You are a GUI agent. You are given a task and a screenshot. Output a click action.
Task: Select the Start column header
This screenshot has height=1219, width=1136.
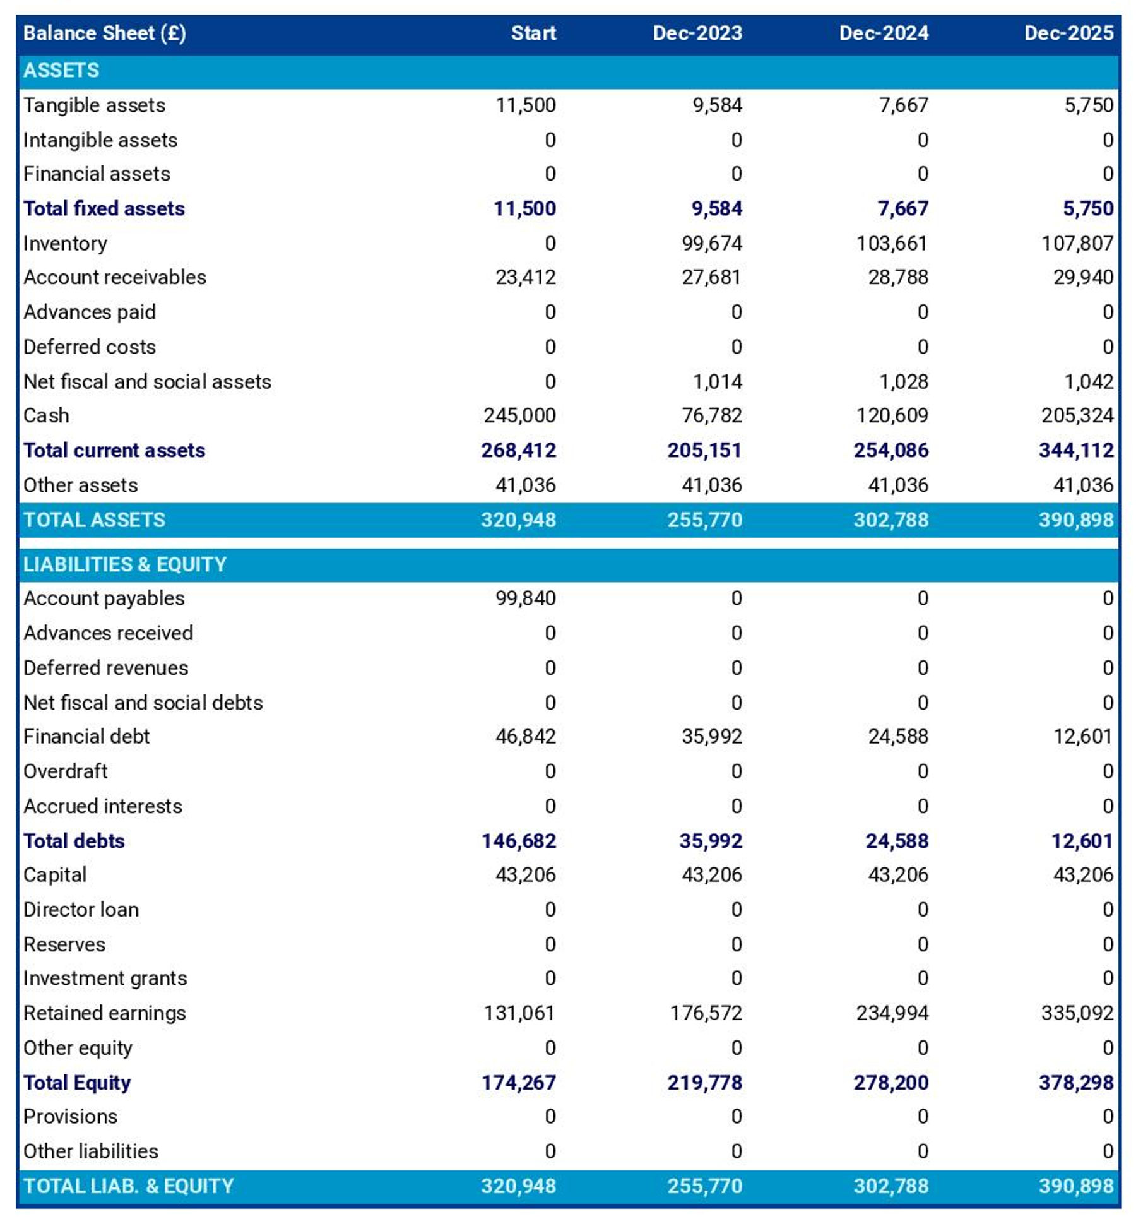[x=533, y=33]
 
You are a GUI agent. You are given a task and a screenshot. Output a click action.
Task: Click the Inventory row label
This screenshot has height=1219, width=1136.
[x=65, y=243]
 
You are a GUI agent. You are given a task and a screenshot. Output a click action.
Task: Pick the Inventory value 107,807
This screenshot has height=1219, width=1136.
[x=1077, y=243]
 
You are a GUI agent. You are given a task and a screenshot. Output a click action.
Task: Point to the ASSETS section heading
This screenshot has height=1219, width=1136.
[x=61, y=70]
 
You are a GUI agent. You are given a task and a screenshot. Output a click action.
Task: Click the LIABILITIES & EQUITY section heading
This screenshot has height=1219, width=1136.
[x=124, y=564]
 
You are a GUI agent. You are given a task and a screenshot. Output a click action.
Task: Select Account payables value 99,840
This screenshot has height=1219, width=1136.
[x=525, y=598]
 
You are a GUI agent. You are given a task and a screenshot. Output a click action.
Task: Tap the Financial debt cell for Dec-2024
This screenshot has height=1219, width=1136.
[x=897, y=736]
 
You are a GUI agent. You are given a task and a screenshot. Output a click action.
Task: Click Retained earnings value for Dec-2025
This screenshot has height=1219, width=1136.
[x=1077, y=1013]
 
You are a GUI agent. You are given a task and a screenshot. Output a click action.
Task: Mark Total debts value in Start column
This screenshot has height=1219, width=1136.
[x=518, y=840]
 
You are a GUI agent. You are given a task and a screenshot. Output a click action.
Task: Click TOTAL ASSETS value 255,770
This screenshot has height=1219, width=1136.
[x=704, y=520]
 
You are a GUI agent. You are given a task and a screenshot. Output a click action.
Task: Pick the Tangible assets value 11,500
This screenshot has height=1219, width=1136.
[x=525, y=105]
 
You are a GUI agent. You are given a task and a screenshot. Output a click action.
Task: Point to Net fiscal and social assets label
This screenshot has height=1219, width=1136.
[x=147, y=381]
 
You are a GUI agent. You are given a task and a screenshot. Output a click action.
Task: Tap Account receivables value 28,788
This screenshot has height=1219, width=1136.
[x=897, y=277]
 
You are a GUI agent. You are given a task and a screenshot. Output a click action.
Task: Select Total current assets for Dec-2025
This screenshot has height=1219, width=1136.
[x=1075, y=450]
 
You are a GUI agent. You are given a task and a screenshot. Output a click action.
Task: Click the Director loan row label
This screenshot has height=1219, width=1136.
[x=81, y=909]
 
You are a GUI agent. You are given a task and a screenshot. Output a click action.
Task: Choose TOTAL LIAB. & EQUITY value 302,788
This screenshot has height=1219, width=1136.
[x=890, y=1186]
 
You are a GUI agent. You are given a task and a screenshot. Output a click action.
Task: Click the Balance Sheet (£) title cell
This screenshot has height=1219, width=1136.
[x=104, y=33]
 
